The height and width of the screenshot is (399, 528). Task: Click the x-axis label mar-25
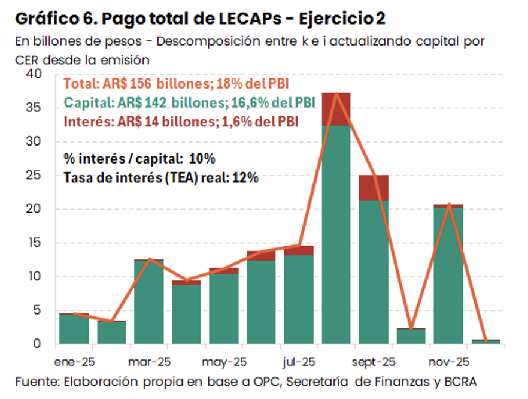pos(149,362)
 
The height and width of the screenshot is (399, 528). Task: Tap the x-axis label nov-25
pos(448,362)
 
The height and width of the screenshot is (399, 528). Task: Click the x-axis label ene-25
pos(75,362)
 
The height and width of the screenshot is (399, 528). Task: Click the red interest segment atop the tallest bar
pos(336,109)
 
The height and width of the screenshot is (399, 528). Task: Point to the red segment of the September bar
pos(374,188)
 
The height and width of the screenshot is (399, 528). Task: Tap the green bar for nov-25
pos(448,276)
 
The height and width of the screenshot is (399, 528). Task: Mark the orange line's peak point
pos(336,93)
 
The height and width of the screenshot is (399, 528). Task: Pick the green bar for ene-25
pos(74,330)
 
